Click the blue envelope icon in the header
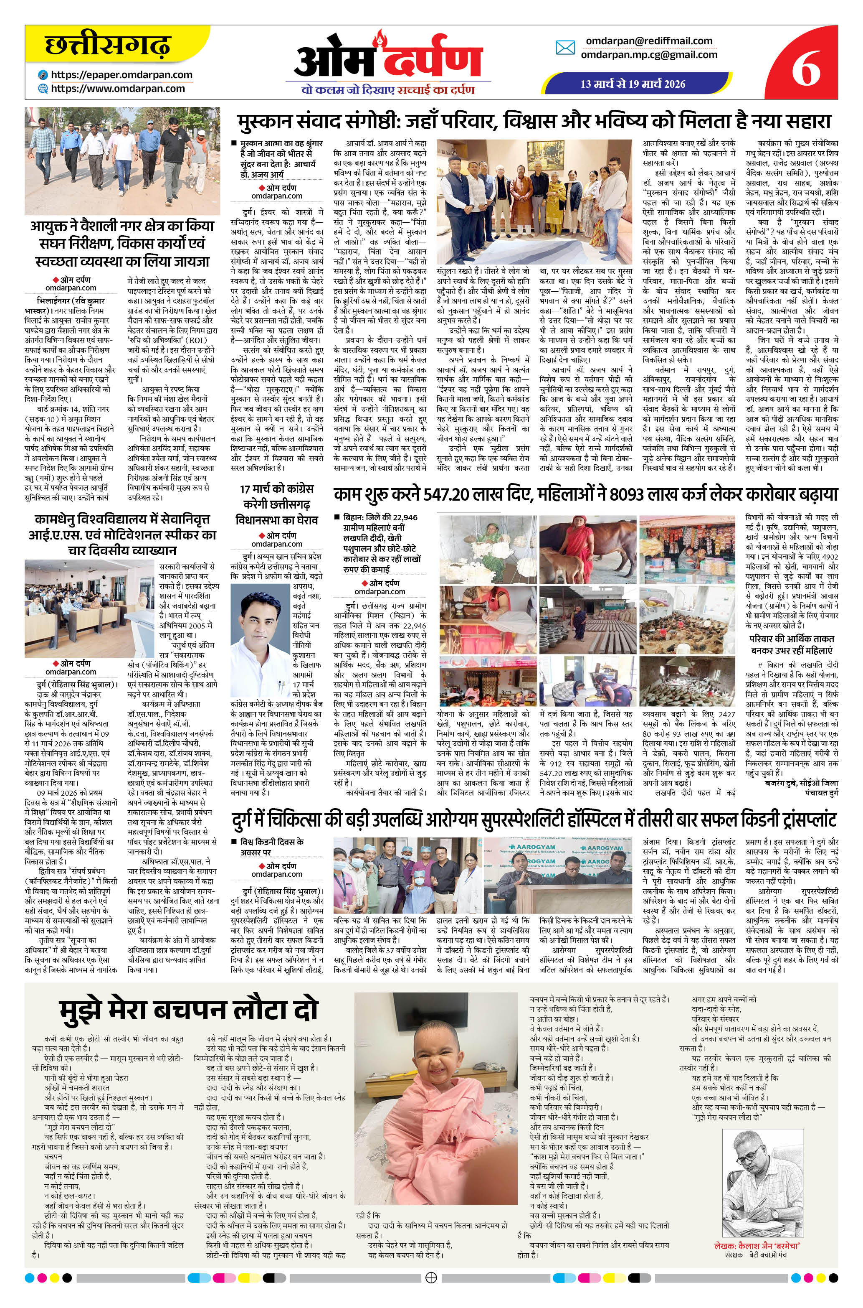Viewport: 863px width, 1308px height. [565, 47]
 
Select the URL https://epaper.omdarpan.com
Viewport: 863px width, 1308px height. [121, 75]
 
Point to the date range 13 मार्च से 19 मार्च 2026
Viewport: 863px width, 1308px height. [633, 84]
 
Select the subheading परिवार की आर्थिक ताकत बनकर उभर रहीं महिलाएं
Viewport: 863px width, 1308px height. [792, 644]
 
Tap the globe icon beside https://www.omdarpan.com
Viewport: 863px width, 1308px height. [43, 88]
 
